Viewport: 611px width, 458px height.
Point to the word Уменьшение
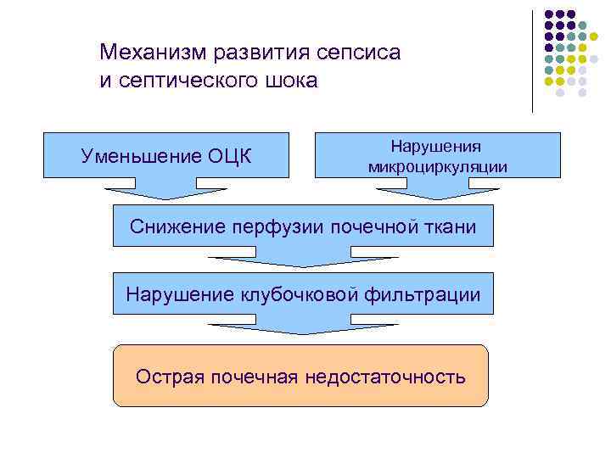(141, 155)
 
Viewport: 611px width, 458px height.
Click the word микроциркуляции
(438, 166)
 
